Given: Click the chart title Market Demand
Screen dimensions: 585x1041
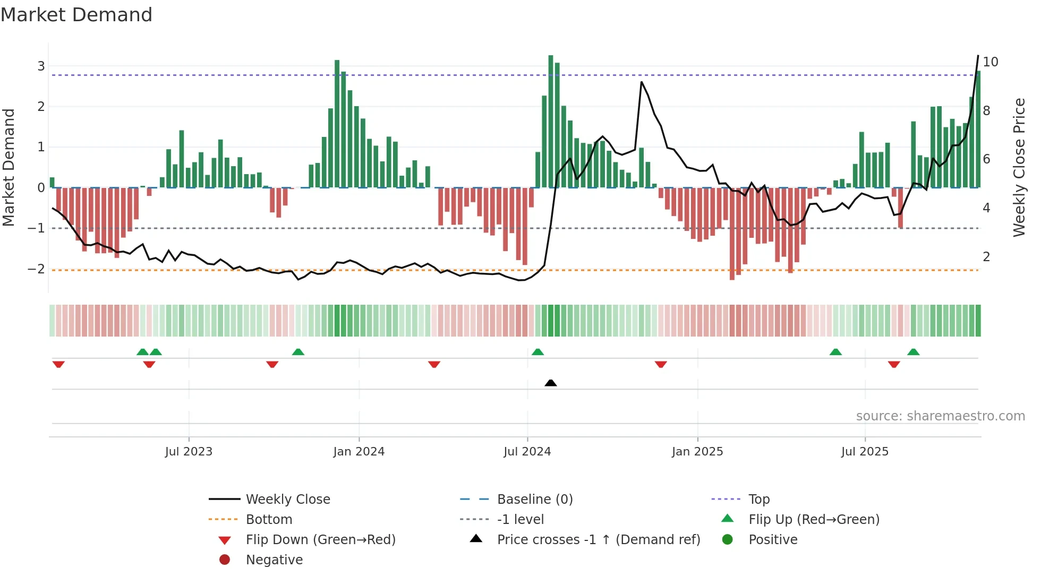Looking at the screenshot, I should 76,15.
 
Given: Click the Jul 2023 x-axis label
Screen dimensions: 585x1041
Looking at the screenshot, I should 189,452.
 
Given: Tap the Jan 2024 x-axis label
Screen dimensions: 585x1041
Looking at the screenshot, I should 359,452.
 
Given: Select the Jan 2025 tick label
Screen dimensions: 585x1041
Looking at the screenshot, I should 697,452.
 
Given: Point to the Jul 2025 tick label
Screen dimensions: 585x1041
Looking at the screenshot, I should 865,452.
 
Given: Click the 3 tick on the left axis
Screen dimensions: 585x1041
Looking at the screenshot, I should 41,66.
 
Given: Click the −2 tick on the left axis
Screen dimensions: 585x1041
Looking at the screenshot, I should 37,269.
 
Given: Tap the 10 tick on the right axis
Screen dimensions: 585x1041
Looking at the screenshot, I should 991,62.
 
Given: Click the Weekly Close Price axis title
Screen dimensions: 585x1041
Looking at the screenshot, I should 1019,167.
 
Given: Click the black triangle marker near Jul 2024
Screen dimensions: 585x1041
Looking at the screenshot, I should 551,383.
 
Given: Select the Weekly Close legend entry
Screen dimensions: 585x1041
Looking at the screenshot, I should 288,500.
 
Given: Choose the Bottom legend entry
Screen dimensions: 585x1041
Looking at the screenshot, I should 269,520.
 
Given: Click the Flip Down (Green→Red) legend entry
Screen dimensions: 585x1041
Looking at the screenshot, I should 320,540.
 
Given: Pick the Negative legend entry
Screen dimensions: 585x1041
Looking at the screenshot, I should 274,560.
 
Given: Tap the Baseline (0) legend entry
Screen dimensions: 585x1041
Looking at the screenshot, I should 535,500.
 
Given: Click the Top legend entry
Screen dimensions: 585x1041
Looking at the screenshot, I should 759,500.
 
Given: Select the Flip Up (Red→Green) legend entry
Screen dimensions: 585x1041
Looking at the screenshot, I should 814,520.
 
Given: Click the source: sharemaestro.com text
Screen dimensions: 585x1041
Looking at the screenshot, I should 940,416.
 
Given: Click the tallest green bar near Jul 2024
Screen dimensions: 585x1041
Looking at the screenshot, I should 551,122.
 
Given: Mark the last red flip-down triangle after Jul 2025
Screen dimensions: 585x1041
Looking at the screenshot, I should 894,364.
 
